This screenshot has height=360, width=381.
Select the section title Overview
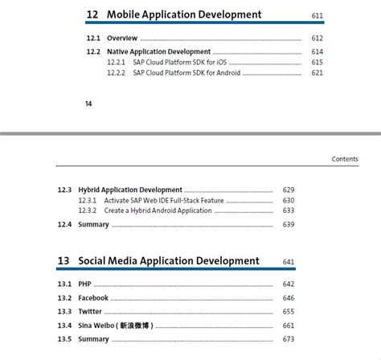pyautogui.click(x=123, y=38)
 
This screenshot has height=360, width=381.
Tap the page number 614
pyautogui.click(x=317, y=51)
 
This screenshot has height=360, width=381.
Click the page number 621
pyautogui.click(x=317, y=73)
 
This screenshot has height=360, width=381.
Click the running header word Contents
pyautogui.click(x=345, y=159)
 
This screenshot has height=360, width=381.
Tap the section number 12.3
pyautogui.click(x=65, y=190)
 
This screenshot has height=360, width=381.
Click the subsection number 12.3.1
pyautogui.click(x=88, y=200)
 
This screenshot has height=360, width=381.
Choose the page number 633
pyautogui.click(x=289, y=211)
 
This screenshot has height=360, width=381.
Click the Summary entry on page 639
pyautogui.click(x=93, y=224)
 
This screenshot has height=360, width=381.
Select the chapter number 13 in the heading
pyautogui.click(x=63, y=261)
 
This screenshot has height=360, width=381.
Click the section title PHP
pyautogui.click(x=85, y=284)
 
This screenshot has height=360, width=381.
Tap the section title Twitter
pyautogui.click(x=90, y=311)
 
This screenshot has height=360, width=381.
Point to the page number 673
pyautogui.click(x=289, y=339)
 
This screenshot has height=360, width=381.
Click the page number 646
pyautogui.click(x=289, y=297)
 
